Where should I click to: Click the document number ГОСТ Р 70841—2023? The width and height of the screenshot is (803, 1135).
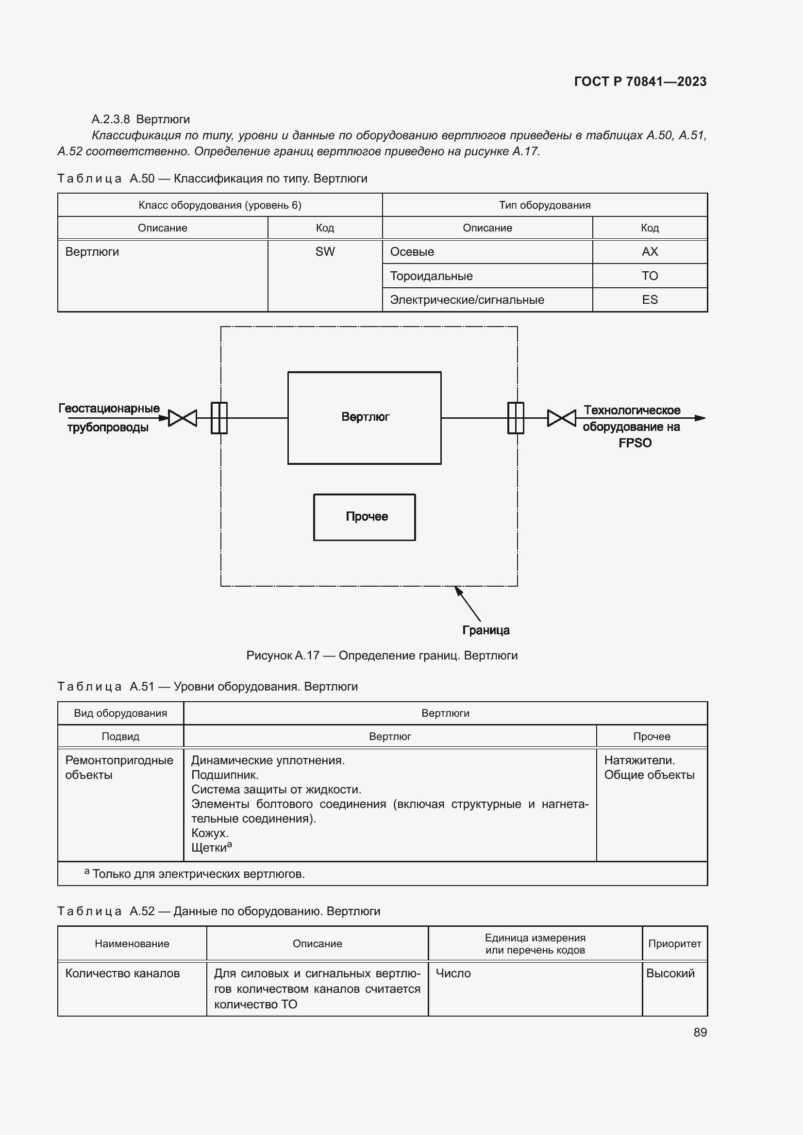[x=640, y=82]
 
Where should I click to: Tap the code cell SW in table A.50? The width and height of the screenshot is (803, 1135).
[x=325, y=252]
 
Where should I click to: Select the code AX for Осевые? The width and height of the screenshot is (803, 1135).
[x=649, y=252]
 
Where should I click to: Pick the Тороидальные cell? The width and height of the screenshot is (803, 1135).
[x=431, y=276]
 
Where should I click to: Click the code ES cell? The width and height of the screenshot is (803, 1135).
[x=649, y=299]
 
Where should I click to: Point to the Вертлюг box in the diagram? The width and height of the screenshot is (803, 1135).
[x=365, y=418]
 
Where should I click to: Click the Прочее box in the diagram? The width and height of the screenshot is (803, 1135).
[x=365, y=517]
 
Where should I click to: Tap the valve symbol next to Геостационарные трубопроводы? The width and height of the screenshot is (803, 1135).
[x=183, y=418]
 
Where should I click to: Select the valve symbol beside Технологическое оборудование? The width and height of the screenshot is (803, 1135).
[x=561, y=418]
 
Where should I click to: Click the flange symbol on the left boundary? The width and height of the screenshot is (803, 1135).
[x=219, y=418]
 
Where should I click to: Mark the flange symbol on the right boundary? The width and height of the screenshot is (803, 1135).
[x=516, y=418]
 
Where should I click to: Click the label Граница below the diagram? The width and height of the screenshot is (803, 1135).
[x=485, y=630]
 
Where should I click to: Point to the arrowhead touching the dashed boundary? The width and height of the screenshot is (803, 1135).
[x=458, y=590]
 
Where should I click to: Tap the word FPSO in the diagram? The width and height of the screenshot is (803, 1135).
[x=635, y=443]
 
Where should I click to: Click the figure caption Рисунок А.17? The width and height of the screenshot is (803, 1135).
[x=381, y=656]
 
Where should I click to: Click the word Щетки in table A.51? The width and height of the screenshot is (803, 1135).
[x=209, y=848]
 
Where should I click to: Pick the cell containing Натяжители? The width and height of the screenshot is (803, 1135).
[x=639, y=760]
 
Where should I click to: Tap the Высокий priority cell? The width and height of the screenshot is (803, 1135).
[x=670, y=973]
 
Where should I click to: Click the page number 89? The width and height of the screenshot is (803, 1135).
[x=700, y=1032]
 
